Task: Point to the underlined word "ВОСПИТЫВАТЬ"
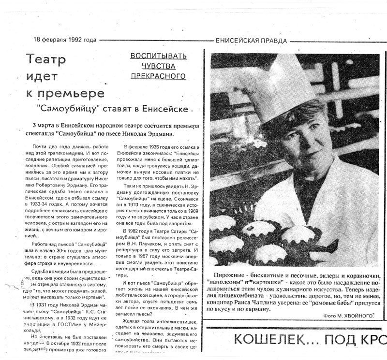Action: (158, 57)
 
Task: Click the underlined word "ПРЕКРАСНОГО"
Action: (158, 76)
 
